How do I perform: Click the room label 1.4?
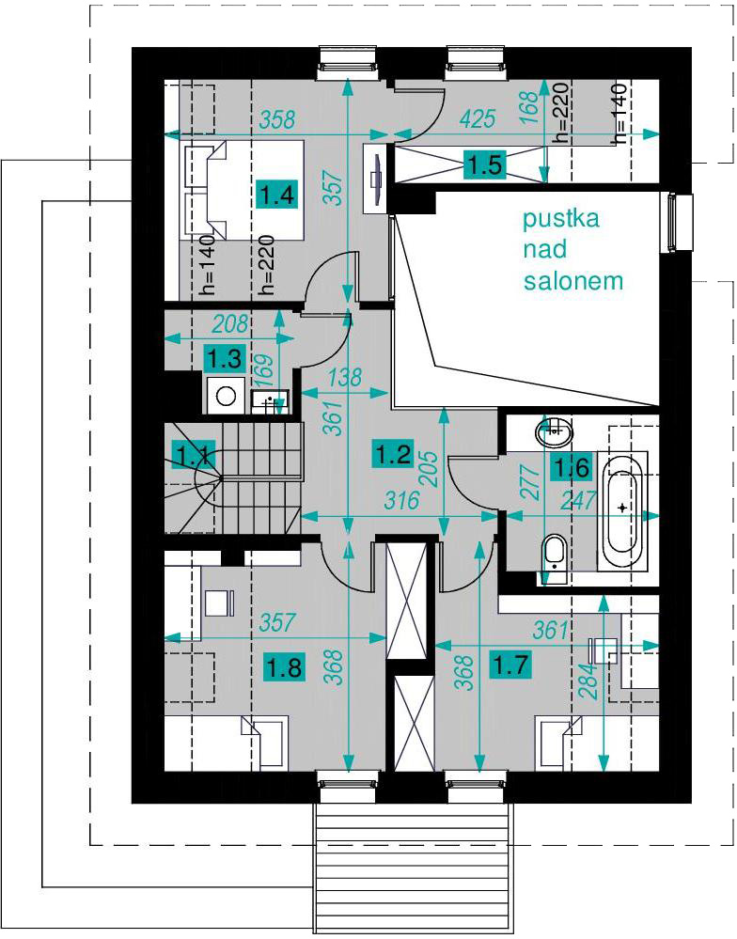277,194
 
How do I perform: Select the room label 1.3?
225,359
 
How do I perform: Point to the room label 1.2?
393,453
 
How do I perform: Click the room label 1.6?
572,467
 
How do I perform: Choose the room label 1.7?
510,665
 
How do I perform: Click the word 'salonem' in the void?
572,280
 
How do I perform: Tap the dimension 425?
478,118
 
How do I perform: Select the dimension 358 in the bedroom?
277,119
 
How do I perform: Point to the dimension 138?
345,377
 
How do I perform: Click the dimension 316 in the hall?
400,500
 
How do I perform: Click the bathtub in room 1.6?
622,510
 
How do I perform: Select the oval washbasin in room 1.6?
555,430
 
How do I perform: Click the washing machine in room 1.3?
226,395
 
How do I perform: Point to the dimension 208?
230,324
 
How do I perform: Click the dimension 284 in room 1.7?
589,681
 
